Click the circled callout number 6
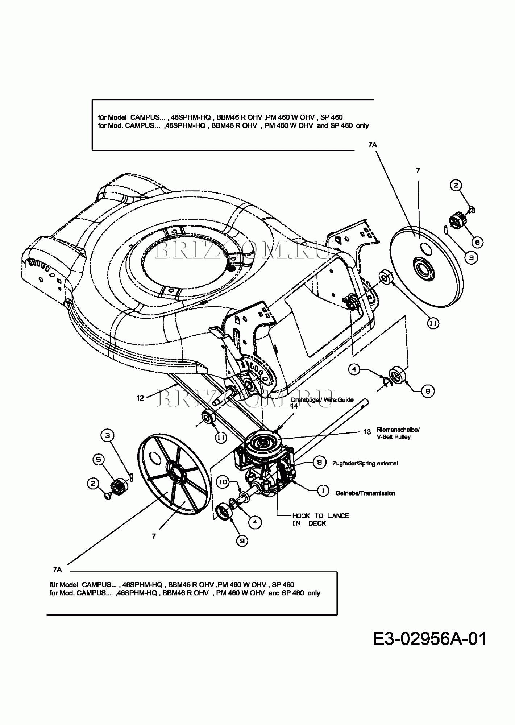coord(477,242)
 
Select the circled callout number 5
coord(98,460)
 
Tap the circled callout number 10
coord(223,482)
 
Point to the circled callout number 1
coord(323,491)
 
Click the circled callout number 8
coord(319,463)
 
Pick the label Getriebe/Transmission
coord(365,493)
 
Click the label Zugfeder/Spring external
coord(365,463)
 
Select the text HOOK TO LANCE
coord(320,515)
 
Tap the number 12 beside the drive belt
coord(140,398)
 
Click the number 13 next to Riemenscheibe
coord(367,432)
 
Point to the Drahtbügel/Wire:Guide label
coord(322,400)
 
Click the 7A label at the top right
coord(372,145)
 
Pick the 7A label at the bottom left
coord(57,569)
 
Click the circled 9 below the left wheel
coord(242,541)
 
